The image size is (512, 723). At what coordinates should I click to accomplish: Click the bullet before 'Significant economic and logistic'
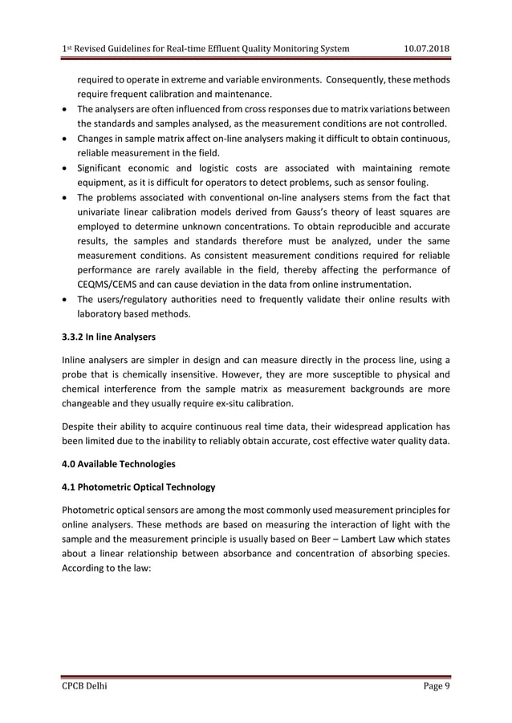[x=64, y=168]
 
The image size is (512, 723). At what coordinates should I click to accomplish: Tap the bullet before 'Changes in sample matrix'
[x=64, y=138]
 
